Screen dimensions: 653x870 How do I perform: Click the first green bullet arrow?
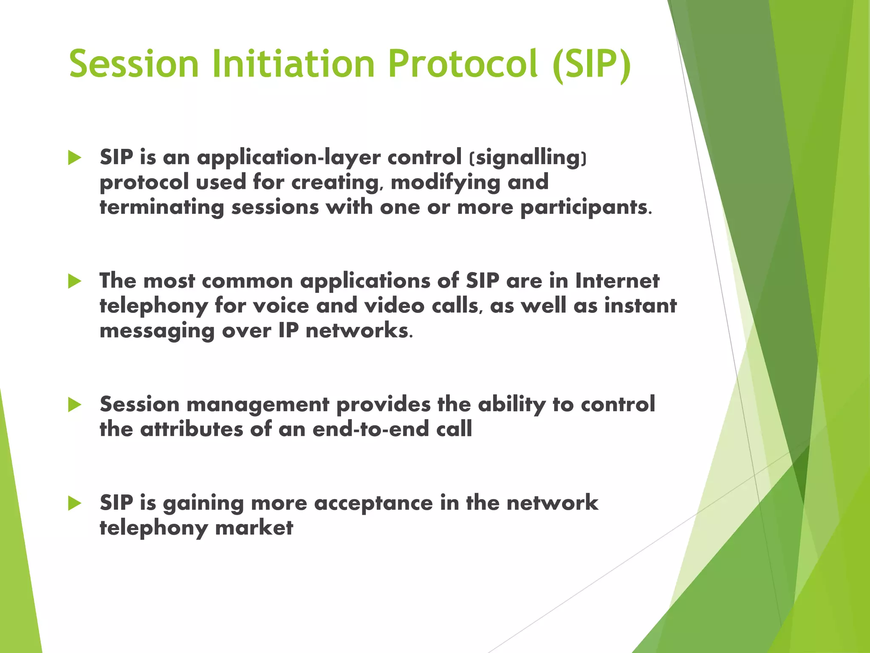tap(75, 158)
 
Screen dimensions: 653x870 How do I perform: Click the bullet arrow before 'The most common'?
tap(75, 281)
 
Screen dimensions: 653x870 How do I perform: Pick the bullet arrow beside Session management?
tap(75, 405)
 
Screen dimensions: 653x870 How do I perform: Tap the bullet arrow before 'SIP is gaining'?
tap(75, 503)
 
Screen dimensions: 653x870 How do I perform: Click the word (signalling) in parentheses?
tap(528, 158)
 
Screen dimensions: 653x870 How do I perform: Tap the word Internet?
tap(617, 281)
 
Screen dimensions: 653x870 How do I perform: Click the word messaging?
tap(157, 332)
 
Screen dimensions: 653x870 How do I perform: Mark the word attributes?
tap(192, 429)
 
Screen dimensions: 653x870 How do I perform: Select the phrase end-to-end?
tap(370, 429)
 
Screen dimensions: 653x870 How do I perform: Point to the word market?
tap(254, 528)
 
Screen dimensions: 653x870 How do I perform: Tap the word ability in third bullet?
tap(511, 405)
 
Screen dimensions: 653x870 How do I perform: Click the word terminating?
tap(162, 208)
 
